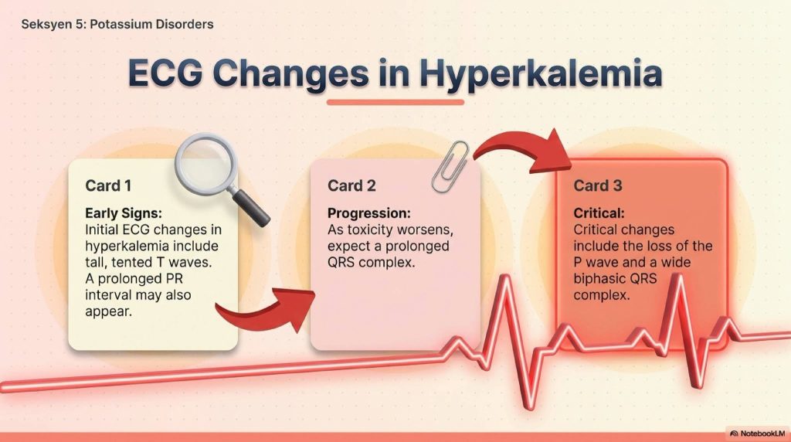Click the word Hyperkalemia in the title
click(540, 73)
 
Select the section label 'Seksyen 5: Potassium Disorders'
click(117, 24)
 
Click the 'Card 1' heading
click(108, 185)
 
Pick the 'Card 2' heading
click(351, 185)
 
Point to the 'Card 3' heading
click(598, 185)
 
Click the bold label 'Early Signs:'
click(124, 213)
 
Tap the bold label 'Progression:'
click(369, 213)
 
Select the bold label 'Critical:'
click(599, 213)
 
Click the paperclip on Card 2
click(450, 166)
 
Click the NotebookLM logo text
click(762, 433)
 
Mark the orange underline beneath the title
click(395, 103)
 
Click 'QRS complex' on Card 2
click(371, 263)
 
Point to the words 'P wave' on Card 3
click(596, 263)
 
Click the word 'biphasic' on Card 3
click(599, 279)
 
